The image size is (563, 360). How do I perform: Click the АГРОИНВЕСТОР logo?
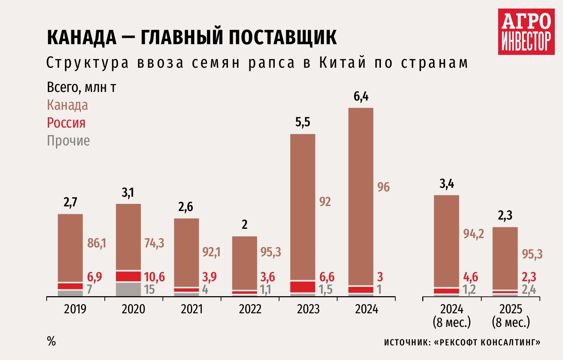[x=526, y=32]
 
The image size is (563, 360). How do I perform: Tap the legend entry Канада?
[x=67, y=105]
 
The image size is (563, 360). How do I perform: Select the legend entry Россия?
[x=66, y=123]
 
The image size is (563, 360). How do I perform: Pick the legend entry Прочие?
[x=68, y=141]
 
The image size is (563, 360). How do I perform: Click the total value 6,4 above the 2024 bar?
[x=361, y=97]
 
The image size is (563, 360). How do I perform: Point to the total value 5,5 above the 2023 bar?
[x=303, y=122]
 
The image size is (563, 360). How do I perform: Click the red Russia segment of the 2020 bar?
[x=128, y=276]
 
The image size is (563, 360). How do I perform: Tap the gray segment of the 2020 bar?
[x=128, y=289]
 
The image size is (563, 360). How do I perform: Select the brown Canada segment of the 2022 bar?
[x=244, y=263]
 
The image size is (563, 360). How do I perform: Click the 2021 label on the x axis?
[x=192, y=309]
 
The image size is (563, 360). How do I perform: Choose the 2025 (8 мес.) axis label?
[x=511, y=315]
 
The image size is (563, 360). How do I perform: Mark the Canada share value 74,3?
[x=154, y=243]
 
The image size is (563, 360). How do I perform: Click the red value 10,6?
[x=154, y=277]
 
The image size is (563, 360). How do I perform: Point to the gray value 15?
[x=150, y=289]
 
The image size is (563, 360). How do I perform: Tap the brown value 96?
[x=383, y=187]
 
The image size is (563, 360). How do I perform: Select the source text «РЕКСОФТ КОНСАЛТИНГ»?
[x=487, y=343]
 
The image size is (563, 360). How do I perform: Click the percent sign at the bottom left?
[x=51, y=341]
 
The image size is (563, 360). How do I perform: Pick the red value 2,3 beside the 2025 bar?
[x=529, y=277]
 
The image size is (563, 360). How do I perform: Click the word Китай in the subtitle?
[x=342, y=63]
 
